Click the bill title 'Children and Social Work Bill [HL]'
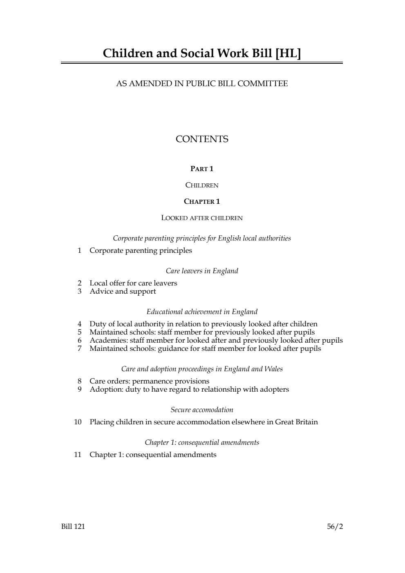202,54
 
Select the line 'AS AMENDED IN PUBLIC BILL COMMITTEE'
202,84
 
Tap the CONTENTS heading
202,139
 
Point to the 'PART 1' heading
202,169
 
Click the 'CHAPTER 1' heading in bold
202,201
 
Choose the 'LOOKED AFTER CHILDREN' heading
202,218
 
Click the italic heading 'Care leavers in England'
202,271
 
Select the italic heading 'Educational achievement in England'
202,312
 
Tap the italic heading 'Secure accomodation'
202,410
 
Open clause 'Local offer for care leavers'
133,283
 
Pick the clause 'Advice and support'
123,291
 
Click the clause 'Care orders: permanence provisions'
149,381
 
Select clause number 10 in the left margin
78,422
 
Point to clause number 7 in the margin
80,348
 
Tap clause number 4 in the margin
80,324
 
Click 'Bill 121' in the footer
73,526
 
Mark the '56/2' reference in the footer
335,526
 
